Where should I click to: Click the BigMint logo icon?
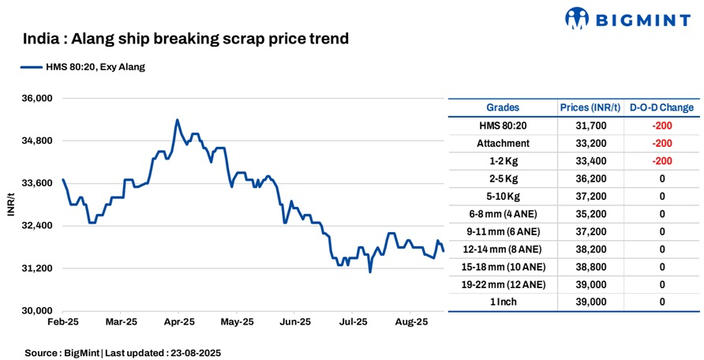point(578,17)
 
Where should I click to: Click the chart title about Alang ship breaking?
point(185,38)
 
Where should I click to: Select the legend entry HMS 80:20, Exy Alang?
point(83,67)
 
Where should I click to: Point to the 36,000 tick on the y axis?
point(35,99)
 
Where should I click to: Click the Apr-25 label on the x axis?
point(179,322)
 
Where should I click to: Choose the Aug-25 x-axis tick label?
point(411,322)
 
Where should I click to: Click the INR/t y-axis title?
point(11,204)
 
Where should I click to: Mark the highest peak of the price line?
point(177,120)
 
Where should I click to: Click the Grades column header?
point(502,107)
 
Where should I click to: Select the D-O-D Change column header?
point(661,107)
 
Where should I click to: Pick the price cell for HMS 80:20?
point(582,126)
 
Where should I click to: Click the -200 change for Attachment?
point(661,143)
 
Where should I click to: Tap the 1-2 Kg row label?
point(502,161)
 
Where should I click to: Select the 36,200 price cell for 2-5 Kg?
point(582,178)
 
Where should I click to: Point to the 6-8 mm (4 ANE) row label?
point(502,214)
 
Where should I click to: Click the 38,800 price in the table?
point(582,267)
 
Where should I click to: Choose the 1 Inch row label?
point(502,302)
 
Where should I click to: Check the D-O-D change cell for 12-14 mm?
point(661,249)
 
